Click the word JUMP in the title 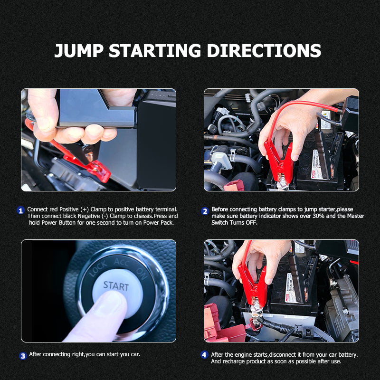click(x=79, y=51)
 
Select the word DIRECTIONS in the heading click(x=264, y=51)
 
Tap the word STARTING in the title click(x=155, y=51)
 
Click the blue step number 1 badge click(x=20, y=210)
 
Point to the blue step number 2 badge click(x=205, y=211)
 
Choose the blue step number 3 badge click(x=23, y=356)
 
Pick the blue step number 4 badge click(x=204, y=355)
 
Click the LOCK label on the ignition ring click(x=98, y=268)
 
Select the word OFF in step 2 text click(x=251, y=222)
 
